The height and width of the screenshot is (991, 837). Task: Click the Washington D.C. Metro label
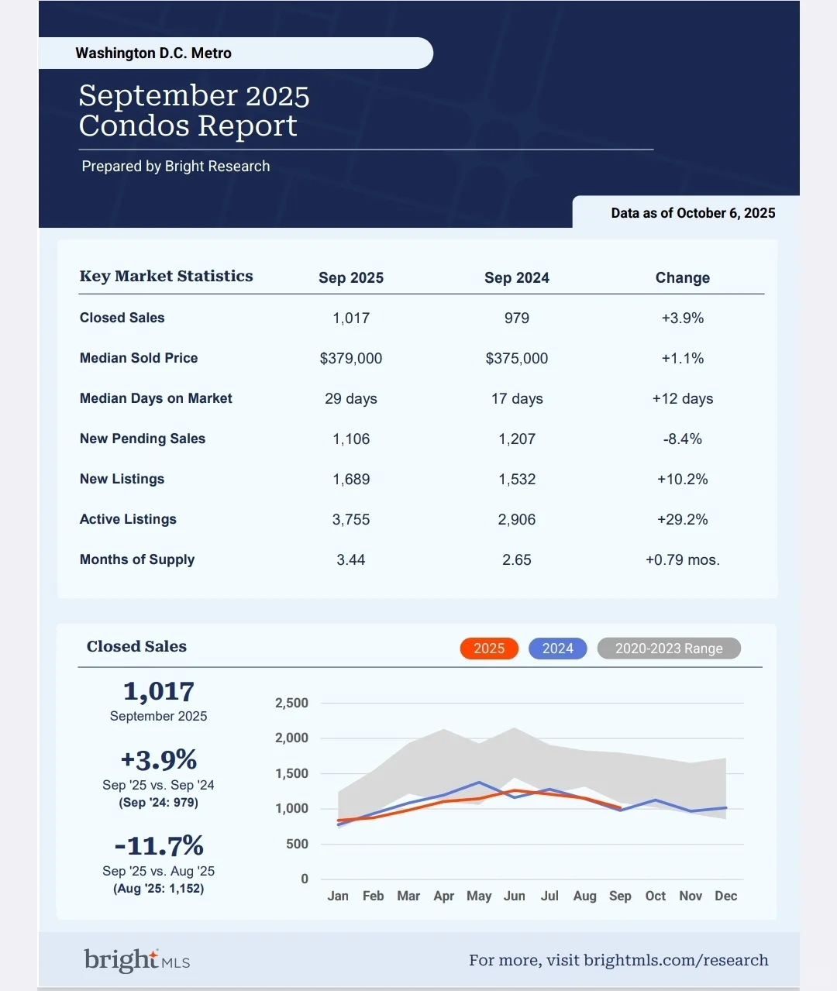(153, 53)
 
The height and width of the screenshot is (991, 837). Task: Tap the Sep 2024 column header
(516, 278)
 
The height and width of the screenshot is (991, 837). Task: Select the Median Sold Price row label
(139, 358)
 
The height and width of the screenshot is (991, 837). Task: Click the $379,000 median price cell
(350, 359)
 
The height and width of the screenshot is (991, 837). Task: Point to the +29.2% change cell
(682, 520)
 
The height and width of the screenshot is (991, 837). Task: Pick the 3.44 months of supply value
(350, 560)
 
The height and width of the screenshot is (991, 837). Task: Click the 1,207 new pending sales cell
(516, 439)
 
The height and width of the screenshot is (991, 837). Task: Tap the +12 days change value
(682, 399)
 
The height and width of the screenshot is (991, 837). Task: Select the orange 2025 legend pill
(488, 649)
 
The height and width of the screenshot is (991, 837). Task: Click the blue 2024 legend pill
(557, 649)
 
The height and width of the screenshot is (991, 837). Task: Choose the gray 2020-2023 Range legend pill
(668, 649)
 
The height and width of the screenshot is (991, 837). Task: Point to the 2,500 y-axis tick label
(291, 704)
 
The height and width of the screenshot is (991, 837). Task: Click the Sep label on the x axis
(619, 896)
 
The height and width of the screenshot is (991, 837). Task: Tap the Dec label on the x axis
(725, 896)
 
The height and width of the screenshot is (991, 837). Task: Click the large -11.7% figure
(159, 845)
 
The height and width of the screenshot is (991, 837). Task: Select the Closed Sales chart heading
(136, 647)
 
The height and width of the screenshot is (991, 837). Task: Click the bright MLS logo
(137, 960)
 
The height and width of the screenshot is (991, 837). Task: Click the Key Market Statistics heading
(166, 277)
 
